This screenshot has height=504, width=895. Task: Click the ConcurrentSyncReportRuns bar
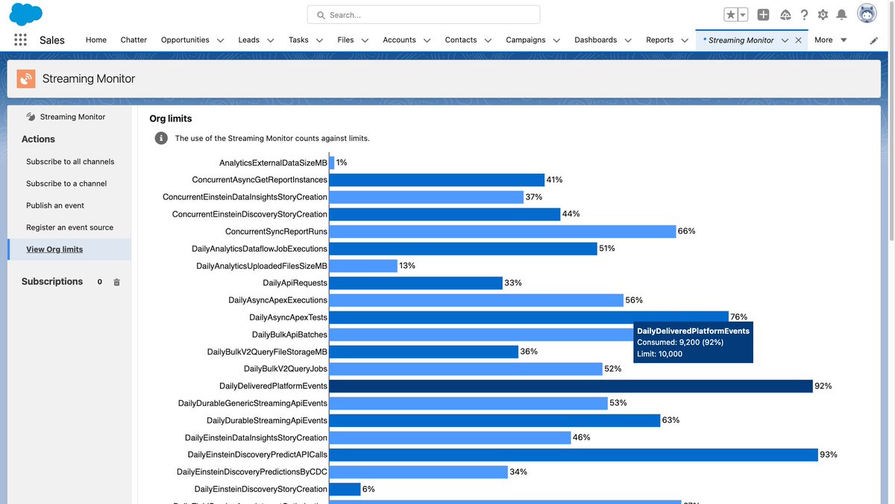(x=502, y=231)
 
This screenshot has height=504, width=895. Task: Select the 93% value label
(x=828, y=455)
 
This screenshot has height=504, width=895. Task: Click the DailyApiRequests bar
(x=415, y=283)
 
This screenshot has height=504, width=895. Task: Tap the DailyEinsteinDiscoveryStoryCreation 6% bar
(x=345, y=489)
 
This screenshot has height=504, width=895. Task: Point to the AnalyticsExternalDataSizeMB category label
(x=273, y=163)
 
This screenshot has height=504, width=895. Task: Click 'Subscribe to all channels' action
(x=70, y=161)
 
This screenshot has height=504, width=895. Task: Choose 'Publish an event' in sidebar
(x=55, y=205)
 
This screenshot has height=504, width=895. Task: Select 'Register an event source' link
(x=70, y=227)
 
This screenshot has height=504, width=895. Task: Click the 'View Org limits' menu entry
(x=54, y=249)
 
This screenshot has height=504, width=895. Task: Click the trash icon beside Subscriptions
(x=116, y=282)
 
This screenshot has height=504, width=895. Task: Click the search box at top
(x=424, y=15)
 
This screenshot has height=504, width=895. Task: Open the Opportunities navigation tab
(x=185, y=40)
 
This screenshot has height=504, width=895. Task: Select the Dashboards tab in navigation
(x=595, y=40)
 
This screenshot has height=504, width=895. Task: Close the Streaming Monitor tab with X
(x=799, y=40)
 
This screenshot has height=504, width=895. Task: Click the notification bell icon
(x=841, y=15)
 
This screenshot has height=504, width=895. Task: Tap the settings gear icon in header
(x=823, y=15)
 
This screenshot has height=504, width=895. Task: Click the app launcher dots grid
(x=20, y=40)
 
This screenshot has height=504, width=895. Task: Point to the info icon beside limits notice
(x=161, y=138)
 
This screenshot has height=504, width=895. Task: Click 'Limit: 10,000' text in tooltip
(x=659, y=354)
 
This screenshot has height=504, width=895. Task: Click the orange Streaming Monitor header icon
(x=26, y=78)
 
